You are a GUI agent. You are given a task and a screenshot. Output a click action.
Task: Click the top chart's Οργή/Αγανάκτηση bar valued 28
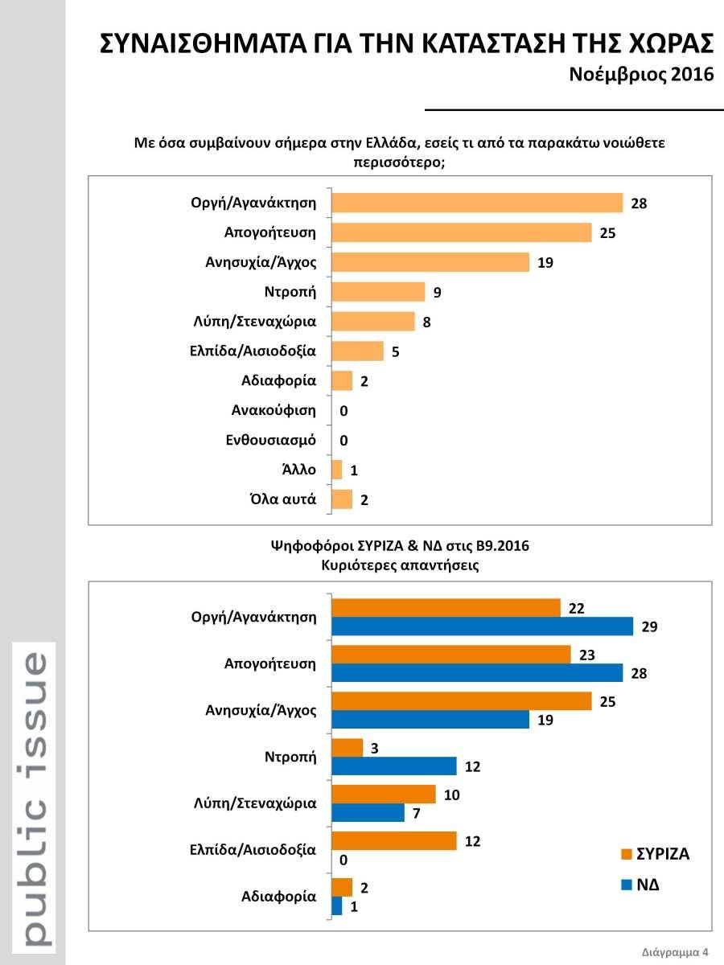pos(477,203)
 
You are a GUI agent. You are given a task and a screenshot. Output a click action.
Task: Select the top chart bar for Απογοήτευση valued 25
pos(462,232)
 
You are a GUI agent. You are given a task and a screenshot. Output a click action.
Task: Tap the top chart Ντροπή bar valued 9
pos(378,292)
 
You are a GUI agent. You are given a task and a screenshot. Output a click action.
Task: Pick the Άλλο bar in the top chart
pos(337,470)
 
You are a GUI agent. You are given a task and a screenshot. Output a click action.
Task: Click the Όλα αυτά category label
pos(282,499)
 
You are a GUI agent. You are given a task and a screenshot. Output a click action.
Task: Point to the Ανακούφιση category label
pos(274,410)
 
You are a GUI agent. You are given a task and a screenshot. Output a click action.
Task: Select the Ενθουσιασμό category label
pos(270,440)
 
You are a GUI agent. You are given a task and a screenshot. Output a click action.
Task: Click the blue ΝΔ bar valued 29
pos(483,626)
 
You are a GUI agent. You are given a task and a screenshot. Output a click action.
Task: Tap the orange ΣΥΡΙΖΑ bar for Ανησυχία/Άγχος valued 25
pos(462,702)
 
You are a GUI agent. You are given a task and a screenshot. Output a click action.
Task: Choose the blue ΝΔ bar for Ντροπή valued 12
pos(394,766)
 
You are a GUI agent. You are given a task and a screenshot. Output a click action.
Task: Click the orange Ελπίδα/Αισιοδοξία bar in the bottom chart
pos(394,841)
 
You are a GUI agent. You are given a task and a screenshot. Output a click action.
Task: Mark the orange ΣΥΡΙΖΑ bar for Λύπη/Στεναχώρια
pos(384,795)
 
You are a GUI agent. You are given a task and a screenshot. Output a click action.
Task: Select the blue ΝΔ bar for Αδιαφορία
pos(337,905)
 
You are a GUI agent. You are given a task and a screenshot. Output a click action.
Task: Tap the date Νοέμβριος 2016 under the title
pos(642,75)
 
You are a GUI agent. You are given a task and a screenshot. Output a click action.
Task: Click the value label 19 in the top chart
pos(545,263)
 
